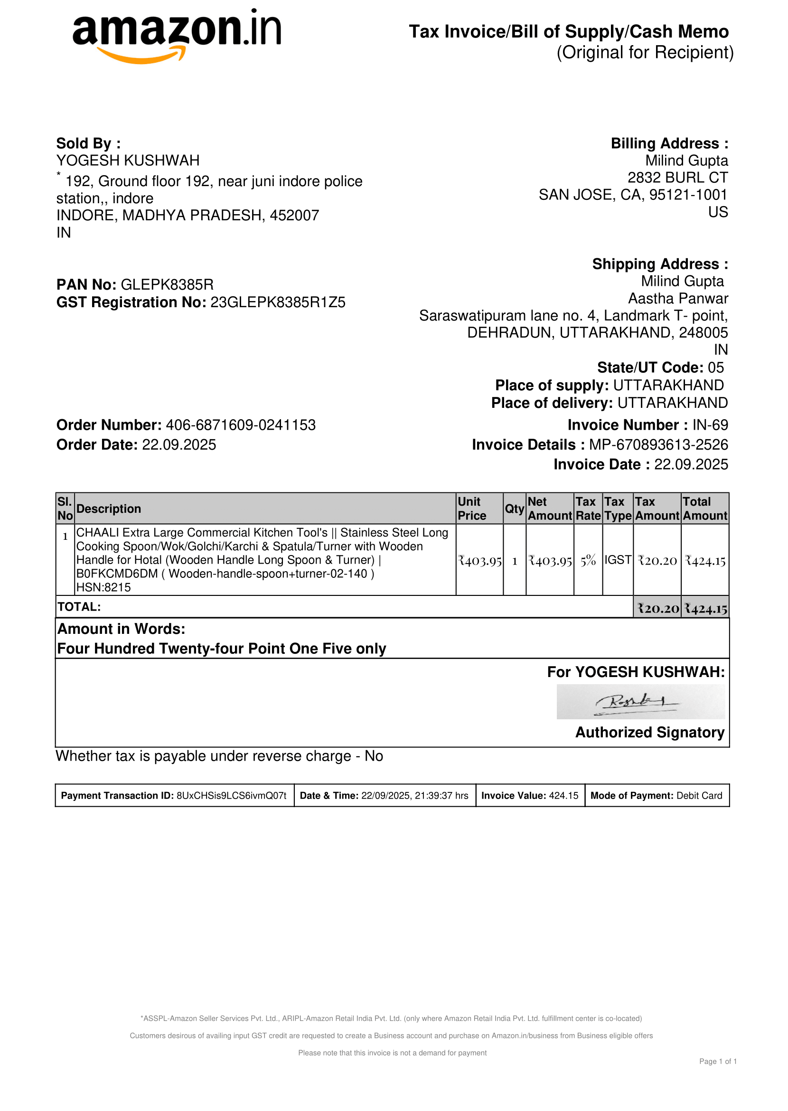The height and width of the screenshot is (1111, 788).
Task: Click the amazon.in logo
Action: coord(177,35)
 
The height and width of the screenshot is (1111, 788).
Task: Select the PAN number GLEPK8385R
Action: coord(167,284)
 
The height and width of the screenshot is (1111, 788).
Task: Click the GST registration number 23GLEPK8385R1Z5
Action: coord(278,302)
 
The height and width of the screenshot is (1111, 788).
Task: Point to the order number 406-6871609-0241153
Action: coord(241,425)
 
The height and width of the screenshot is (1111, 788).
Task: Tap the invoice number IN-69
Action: coord(710,425)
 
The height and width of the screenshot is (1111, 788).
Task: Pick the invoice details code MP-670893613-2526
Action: coord(658,445)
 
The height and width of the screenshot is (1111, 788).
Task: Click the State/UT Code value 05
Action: coord(716,367)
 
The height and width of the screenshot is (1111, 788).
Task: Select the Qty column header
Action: coord(514,508)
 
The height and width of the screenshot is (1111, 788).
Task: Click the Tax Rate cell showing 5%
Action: coord(588,561)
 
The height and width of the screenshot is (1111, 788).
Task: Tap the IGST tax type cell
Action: coord(618,560)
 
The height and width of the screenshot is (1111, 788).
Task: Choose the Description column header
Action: coord(109,508)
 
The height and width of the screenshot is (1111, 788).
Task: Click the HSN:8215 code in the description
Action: coord(103,587)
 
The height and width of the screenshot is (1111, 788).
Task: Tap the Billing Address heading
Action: coord(669,144)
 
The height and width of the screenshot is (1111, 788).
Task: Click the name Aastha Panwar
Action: coord(678,299)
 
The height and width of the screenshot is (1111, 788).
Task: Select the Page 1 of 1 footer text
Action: coord(718,1062)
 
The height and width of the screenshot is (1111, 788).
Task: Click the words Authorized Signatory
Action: coord(650,733)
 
